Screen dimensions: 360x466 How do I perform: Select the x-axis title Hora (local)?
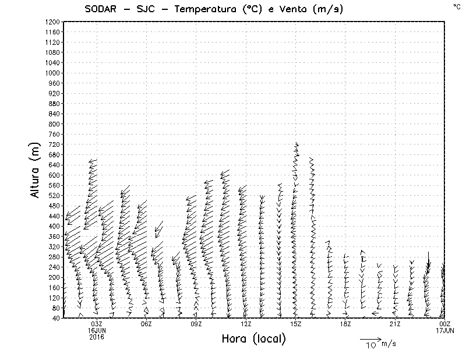click(x=255, y=339)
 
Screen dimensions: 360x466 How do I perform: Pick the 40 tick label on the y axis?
click(x=56, y=317)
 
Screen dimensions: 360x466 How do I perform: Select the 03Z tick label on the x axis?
click(x=97, y=324)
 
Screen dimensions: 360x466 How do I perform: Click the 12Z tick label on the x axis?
click(x=246, y=324)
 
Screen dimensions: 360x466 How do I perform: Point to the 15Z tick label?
click(x=296, y=324)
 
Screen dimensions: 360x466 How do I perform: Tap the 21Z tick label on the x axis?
click(x=396, y=324)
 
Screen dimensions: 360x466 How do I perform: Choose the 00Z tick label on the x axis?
click(x=445, y=324)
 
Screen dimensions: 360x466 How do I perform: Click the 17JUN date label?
click(x=445, y=330)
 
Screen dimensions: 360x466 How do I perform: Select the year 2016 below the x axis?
click(x=97, y=337)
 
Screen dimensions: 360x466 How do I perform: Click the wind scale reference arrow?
click(x=370, y=338)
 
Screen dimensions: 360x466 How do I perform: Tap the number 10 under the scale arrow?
click(x=370, y=345)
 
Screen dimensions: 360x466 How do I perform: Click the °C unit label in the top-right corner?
click(x=456, y=6)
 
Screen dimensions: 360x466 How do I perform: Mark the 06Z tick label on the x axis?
click(x=146, y=324)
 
